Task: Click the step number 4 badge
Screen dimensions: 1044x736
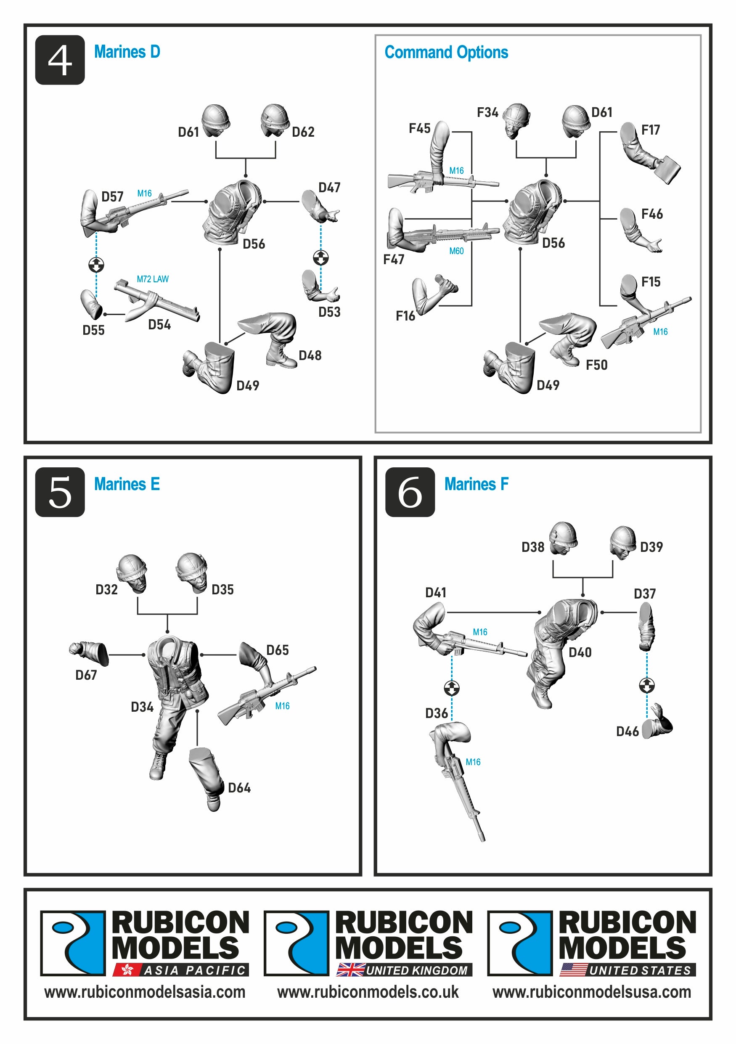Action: pyautogui.click(x=60, y=60)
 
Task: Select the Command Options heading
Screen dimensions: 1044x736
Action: pyautogui.click(x=446, y=52)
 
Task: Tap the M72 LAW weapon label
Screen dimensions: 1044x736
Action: pyautogui.click(x=153, y=279)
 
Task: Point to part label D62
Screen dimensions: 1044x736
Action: pyautogui.click(x=303, y=132)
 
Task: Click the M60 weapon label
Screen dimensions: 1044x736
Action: pyautogui.click(x=456, y=251)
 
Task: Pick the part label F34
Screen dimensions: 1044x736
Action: pyautogui.click(x=487, y=112)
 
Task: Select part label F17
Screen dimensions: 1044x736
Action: pyautogui.click(x=651, y=130)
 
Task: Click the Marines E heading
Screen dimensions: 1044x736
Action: pyautogui.click(x=127, y=484)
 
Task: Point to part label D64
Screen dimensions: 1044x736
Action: pyautogui.click(x=239, y=788)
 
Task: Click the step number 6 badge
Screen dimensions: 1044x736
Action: pyautogui.click(x=410, y=493)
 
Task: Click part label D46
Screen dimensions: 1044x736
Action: pyautogui.click(x=627, y=731)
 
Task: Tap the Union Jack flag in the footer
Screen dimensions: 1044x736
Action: pyautogui.click(x=350, y=970)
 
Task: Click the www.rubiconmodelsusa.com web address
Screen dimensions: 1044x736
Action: pyautogui.click(x=591, y=992)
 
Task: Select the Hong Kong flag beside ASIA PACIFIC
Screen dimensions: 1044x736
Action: pyautogui.click(x=127, y=970)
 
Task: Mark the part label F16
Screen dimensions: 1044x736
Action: pyautogui.click(x=405, y=316)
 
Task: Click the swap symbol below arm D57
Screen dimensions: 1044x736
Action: pyautogui.click(x=96, y=265)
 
